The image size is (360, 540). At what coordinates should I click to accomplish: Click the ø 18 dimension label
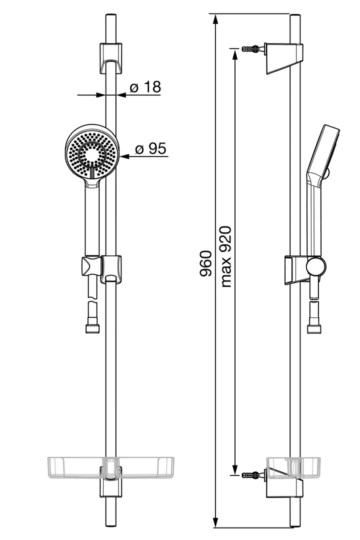click(x=145, y=87)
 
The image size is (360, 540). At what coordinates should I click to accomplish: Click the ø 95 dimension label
click(x=150, y=149)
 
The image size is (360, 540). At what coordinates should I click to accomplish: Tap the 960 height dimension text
click(x=205, y=263)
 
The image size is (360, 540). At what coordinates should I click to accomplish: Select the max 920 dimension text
click(x=225, y=256)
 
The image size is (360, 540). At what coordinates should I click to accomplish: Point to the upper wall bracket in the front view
click(x=111, y=58)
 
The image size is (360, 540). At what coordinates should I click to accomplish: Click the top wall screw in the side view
click(x=253, y=48)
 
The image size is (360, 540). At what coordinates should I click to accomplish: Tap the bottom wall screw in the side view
click(x=253, y=475)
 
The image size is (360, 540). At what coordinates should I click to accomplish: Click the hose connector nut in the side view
click(x=314, y=328)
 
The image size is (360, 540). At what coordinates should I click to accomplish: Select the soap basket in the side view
click(x=293, y=468)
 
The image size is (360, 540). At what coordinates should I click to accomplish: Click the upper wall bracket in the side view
click(x=284, y=58)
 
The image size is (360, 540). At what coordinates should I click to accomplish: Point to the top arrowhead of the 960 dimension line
click(x=215, y=19)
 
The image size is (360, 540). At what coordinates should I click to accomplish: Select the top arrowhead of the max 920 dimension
click(x=234, y=53)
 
